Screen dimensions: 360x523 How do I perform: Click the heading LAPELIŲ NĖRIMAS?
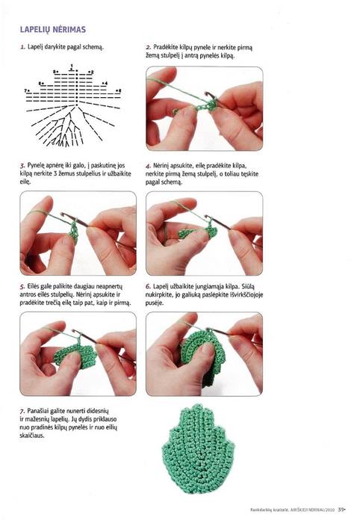pyautogui.click(x=53, y=30)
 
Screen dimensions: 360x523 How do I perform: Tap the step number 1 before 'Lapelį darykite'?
pyautogui.click(x=22, y=47)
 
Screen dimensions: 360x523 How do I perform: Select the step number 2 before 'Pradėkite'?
pyautogui.click(x=149, y=47)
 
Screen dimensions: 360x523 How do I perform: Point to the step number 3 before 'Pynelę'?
pyautogui.click(x=22, y=165)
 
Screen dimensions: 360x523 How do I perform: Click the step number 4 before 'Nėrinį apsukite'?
pyautogui.click(x=149, y=166)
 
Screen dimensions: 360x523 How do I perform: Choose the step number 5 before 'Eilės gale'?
pyautogui.click(x=22, y=286)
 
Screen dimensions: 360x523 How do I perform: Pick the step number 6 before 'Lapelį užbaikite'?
pyautogui.click(x=149, y=286)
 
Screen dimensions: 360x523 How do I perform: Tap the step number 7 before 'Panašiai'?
pyautogui.click(x=22, y=411)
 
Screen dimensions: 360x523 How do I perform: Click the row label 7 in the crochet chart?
pyautogui.click(x=25, y=90)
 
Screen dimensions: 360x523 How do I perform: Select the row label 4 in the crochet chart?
pyautogui.click(x=106, y=83)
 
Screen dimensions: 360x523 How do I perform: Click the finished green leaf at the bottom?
pyautogui.click(x=198, y=449)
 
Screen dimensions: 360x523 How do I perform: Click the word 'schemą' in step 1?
pyautogui.click(x=93, y=47)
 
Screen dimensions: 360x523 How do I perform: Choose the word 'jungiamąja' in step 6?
pyautogui.click(x=211, y=286)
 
